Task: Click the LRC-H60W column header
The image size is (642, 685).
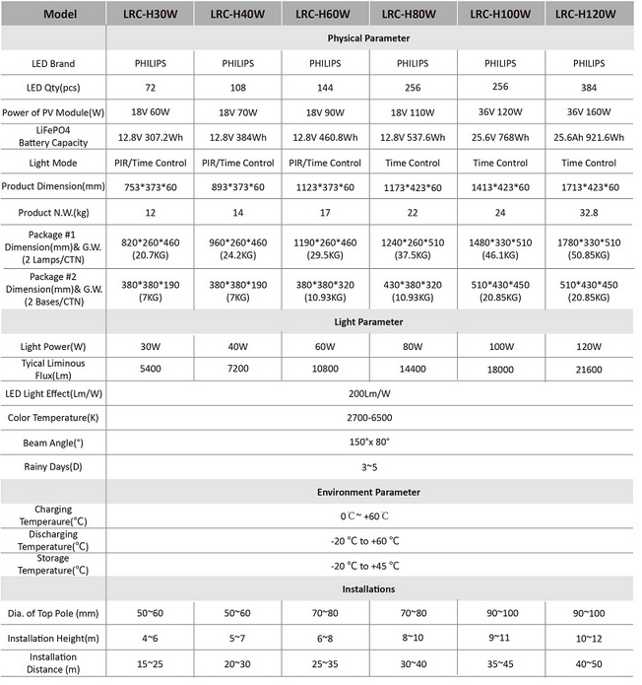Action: pos(325,14)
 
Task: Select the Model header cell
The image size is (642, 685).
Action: pos(52,14)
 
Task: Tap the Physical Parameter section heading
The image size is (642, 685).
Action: pos(368,38)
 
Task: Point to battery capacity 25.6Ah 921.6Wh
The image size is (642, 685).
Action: pos(592,138)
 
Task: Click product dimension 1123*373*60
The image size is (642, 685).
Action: pos(325,187)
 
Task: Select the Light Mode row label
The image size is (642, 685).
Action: pos(52,163)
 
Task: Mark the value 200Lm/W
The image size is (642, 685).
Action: pos(368,394)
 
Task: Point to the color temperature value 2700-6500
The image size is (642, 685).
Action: pos(368,418)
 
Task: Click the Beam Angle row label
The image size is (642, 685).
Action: pos(52,443)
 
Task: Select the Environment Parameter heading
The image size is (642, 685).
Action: pos(368,491)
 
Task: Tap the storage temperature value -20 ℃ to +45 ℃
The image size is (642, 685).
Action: pos(368,565)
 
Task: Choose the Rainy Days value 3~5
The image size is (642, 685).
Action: pos(368,466)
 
